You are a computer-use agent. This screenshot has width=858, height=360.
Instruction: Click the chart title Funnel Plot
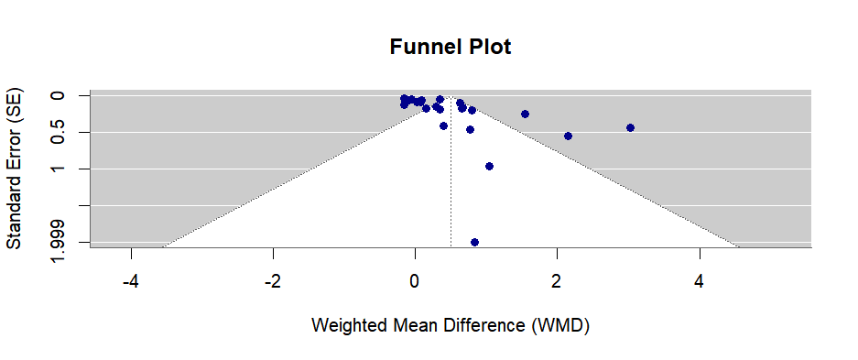pos(451,47)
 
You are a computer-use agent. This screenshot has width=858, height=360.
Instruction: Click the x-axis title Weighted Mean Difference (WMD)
pos(451,325)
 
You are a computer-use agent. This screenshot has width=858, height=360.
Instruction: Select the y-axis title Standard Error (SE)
pos(15,169)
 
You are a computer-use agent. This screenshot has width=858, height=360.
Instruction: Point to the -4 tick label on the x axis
pos(131,279)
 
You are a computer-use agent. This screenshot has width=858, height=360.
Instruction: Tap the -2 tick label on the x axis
pos(273,279)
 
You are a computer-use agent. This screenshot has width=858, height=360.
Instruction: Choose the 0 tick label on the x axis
pos(415,279)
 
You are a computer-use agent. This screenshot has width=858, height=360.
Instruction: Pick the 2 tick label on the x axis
pos(557,279)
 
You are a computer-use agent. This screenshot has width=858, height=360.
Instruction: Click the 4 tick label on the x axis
pos(699,279)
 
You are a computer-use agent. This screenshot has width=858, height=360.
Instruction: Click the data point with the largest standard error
pos(474,242)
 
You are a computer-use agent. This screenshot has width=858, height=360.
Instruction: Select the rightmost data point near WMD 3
pos(630,127)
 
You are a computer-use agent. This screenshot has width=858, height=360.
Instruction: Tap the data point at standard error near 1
pos(489,166)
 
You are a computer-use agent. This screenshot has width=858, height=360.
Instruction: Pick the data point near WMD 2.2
pos(568,136)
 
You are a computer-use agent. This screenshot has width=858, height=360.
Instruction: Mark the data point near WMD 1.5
pos(525,114)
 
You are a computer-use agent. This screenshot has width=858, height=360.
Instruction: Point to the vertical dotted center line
pos(451,183)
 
